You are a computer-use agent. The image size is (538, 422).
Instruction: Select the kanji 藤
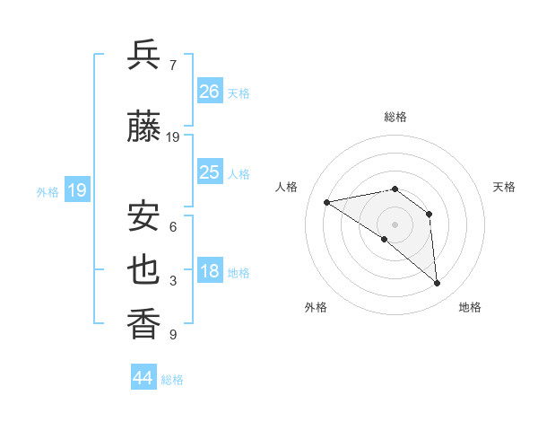(x=143, y=127)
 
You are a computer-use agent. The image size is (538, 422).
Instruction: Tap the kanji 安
(x=143, y=215)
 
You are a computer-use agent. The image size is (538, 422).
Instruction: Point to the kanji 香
(x=143, y=324)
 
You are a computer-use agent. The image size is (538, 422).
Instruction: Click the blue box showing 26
(x=210, y=91)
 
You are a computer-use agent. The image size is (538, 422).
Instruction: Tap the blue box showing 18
(x=210, y=271)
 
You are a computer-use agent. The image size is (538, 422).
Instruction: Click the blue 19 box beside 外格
(x=76, y=189)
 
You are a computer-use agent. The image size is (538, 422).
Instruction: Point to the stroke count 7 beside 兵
(x=173, y=65)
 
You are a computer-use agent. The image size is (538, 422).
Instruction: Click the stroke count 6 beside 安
(x=173, y=227)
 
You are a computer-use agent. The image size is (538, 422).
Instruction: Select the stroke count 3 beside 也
(x=173, y=282)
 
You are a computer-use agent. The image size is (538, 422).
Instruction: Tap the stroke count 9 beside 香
(x=173, y=336)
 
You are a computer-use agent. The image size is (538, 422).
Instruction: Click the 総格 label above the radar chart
(x=395, y=117)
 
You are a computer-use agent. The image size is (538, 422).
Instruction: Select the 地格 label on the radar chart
(x=470, y=307)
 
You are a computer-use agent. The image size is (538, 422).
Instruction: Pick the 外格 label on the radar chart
(x=316, y=307)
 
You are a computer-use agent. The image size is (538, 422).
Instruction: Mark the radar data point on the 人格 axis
(x=327, y=202)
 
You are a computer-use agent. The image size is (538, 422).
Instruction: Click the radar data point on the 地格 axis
(x=438, y=284)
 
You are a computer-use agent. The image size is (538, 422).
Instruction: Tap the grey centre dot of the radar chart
(x=395, y=224)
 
